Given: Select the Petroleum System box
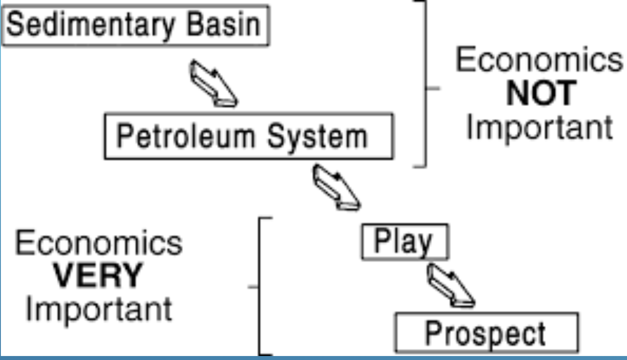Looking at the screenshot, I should point(248,136).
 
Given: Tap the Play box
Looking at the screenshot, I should point(404,242).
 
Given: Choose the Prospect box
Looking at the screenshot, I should point(486,333).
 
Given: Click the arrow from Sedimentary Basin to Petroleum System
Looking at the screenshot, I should point(213,84).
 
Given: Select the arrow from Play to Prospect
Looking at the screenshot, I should point(450,286).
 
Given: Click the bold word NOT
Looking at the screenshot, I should point(541,94).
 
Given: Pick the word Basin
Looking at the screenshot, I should point(223,25).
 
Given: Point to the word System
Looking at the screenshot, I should point(317,136).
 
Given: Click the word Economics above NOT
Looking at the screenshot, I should point(539,61).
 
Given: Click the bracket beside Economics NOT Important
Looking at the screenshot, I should point(426,84).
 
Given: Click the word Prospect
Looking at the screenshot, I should point(486,333).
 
